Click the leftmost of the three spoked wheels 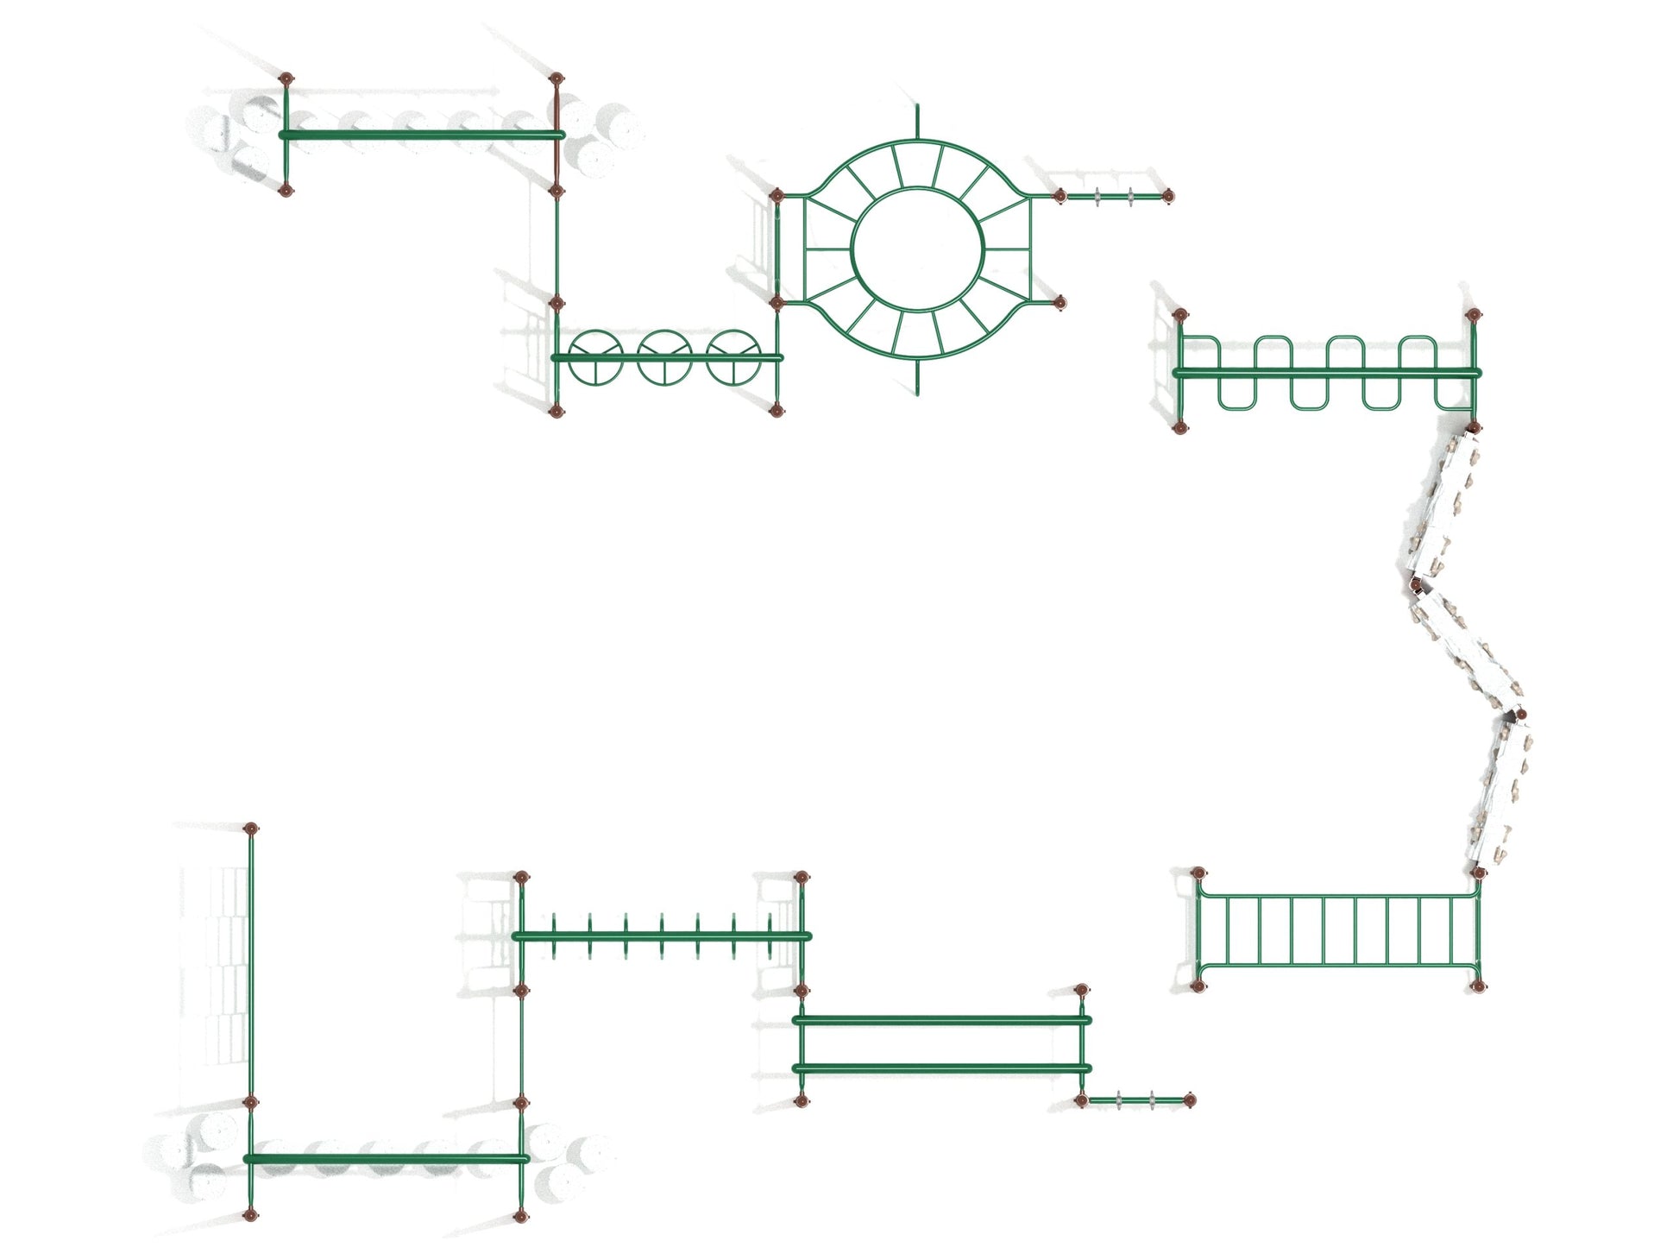click(x=594, y=357)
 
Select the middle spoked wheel click(x=664, y=357)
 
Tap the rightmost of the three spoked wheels click(x=733, y=357)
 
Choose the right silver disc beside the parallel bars click(x=1153, y=1099)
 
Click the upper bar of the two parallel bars click(x=940, y=1020)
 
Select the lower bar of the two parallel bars click(x=940, y=1069)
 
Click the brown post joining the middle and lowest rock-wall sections click(x=1520, y=715)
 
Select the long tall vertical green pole click(x=251, y=967)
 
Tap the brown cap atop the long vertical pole click(x=251, y=828)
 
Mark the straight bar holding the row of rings click(x=662, y=936)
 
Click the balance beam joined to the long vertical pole click(x=385, y=1158)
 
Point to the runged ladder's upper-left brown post click(x=1198, y=873)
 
